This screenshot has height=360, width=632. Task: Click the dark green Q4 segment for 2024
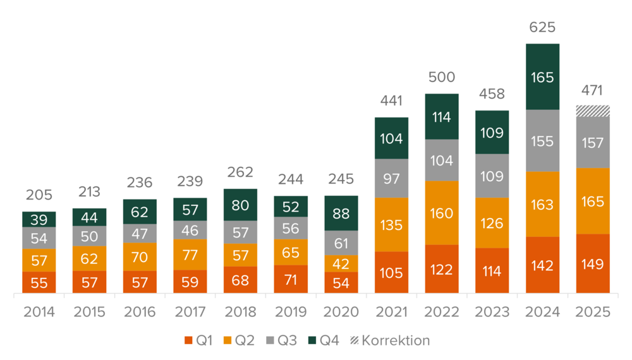(x=542, y=77)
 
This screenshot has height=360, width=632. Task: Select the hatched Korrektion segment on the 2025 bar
(x=593, y=111)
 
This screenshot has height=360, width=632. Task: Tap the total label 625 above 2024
(x=542, y=27)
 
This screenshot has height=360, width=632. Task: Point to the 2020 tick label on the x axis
(x=341, y=312)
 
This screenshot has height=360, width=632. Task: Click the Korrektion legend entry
(x=391, y=341)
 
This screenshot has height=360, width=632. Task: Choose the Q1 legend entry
(x=198, y=341)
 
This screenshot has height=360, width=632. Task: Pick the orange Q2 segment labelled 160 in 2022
(x=442, y=213)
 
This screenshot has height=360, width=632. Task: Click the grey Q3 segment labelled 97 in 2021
(x=391, y=178)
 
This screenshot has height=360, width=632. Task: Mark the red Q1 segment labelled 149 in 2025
(x=593, y=263)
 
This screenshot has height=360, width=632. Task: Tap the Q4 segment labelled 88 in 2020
(x=341, y=213)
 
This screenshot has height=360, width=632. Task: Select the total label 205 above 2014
(x=39, y=195)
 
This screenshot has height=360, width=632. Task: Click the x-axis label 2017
(x=190, y=312)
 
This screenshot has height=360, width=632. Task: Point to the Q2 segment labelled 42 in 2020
(x=341, y=263)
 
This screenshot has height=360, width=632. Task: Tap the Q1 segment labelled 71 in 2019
(x=291, y=279)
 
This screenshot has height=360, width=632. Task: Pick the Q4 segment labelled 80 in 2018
(x=240, y=205)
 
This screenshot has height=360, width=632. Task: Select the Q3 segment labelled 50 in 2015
(x=90, y=236)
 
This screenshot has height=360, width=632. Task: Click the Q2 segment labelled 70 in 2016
(x=140, y=257)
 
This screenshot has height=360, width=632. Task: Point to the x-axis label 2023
(x=492, y=312)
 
